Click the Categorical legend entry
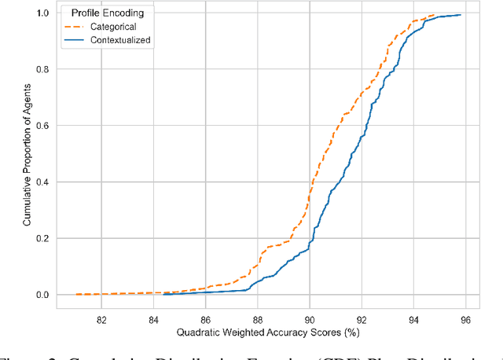tap(115, 25)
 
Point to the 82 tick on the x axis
tap(101, 320)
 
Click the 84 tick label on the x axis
tap(153, 320)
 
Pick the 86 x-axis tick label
tap(205, 320)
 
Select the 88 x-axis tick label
tap(257, 320)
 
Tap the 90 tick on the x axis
tap(310, 320)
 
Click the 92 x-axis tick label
tap(362, 320)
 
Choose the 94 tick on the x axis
tap(413, 320)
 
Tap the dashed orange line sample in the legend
tap(77, 25)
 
